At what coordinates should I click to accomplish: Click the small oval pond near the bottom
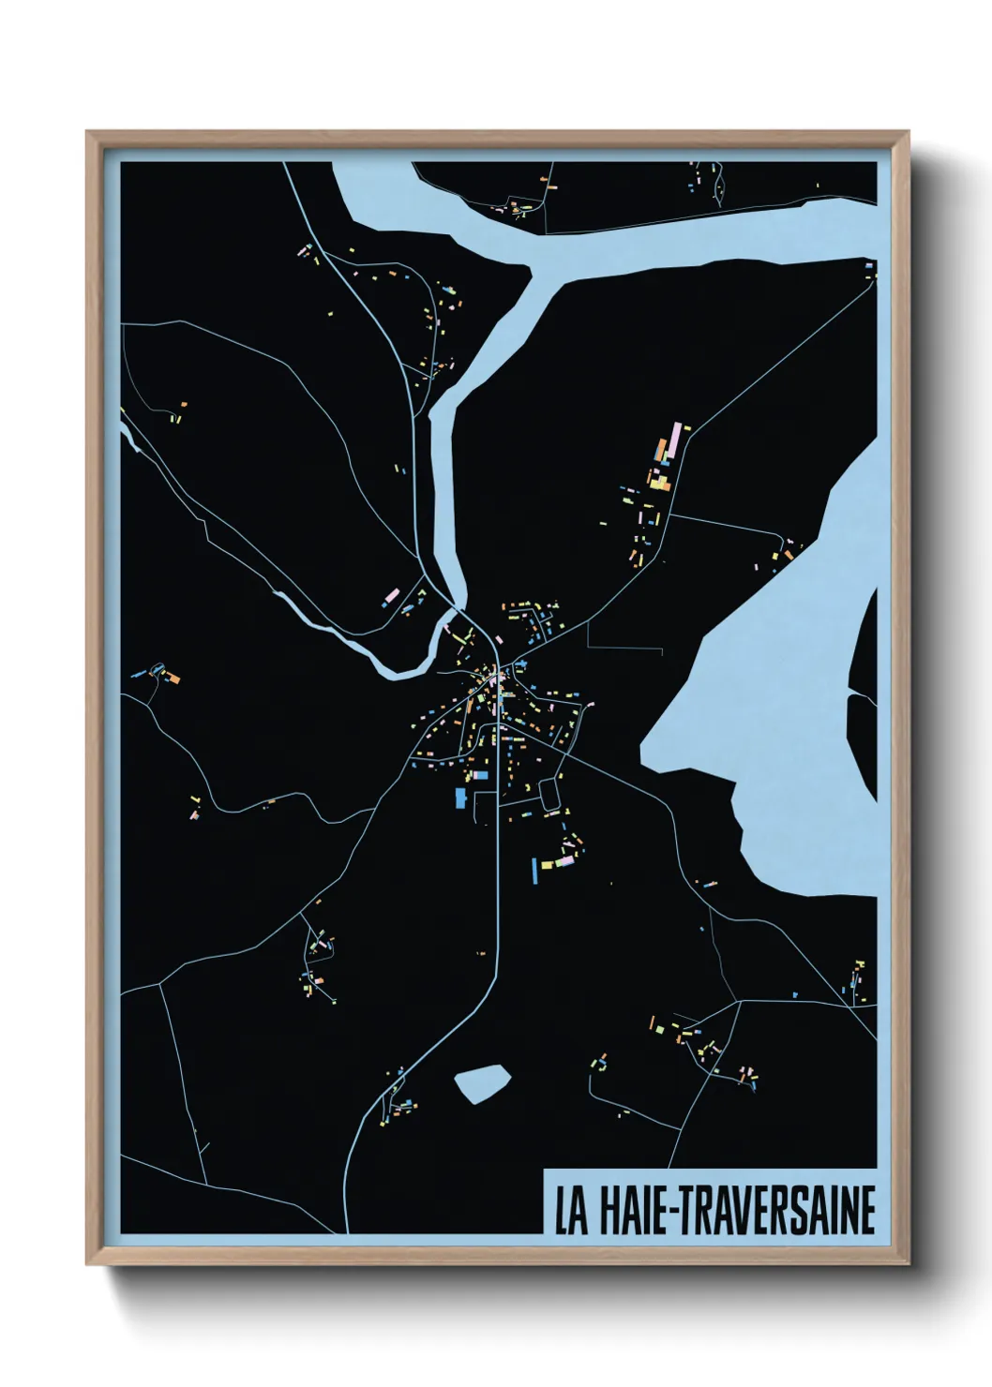tap(483, 1082)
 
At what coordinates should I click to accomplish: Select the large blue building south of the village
tap(460, 798)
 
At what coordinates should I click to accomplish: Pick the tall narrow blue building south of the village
tap(535, 871)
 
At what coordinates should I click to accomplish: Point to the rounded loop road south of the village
tap(549, 797)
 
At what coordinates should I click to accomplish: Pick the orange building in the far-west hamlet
tap(173, 677)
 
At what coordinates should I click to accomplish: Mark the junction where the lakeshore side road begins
tap(669, 514)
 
